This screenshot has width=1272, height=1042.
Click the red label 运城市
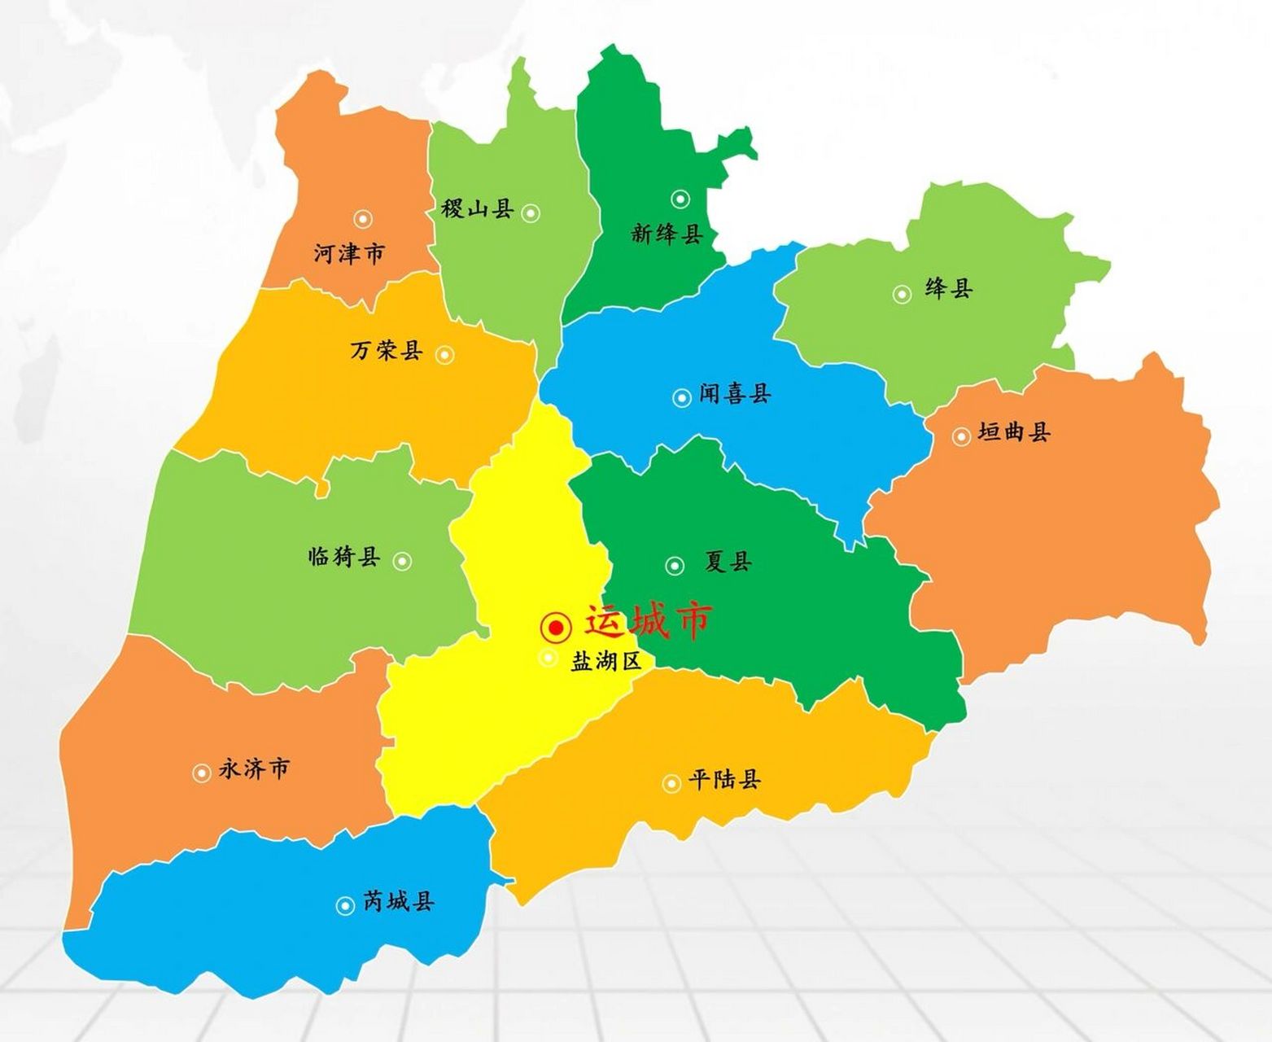tap(648, 623)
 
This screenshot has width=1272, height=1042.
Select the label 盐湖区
tap(606, 661)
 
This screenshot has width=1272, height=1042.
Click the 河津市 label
tap(349, 254)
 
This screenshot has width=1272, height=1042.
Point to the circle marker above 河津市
tap(362, 218)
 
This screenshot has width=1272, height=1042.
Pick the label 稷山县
tap(478, 209)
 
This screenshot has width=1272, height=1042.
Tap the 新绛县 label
tap(667, 234)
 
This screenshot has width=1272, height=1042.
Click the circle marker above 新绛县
tap(680, 199)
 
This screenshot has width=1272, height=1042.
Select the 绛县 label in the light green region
tap(949, 288)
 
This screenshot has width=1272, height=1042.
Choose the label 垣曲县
tap(1014, 431)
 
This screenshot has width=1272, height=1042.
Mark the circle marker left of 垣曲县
tap(961, 436)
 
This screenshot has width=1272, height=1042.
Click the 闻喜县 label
tap(735, 394)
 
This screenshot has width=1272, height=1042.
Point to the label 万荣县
tap(387, 351)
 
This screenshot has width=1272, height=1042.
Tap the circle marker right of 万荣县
tap(444, 354)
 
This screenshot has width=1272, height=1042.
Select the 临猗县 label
tap(344, 557)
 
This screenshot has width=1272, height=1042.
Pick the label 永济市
tap(254, 768)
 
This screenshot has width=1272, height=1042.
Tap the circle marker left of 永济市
tap(202, 773)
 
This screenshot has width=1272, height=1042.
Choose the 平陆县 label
tap(724, 780)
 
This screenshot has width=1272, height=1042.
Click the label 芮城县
tap(398, 901)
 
